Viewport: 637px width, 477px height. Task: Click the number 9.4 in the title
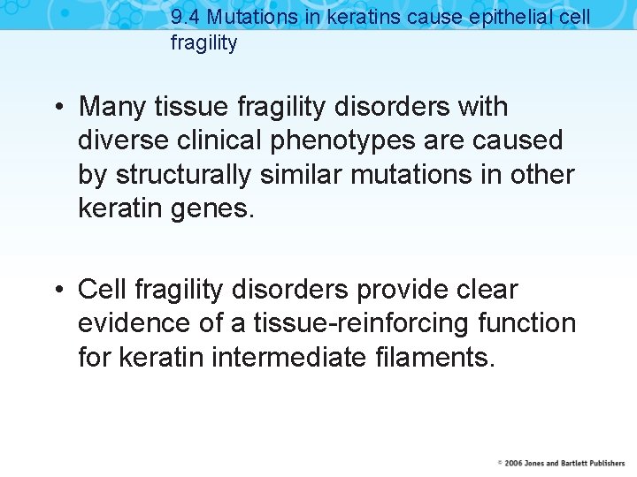186,18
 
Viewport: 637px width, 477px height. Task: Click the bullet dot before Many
57,108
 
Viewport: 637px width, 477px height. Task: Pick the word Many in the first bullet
112,107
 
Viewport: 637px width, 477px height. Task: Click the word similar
302,174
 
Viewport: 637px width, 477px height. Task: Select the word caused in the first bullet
520,140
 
